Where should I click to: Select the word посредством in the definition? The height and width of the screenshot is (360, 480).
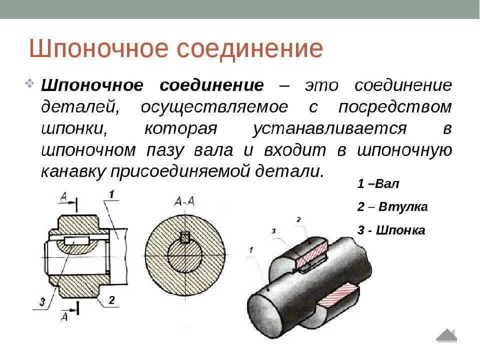point(395,107)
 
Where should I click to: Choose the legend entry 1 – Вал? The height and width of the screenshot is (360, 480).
point(378,183)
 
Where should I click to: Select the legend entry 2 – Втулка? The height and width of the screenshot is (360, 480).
point(392,206)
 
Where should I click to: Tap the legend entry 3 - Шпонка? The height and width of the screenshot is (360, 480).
point(391,230)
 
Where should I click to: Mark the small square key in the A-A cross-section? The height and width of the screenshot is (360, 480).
point(185,238)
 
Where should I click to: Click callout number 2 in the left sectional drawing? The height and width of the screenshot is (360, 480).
point(111,300)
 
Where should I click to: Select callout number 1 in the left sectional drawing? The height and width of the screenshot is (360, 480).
point(111,194)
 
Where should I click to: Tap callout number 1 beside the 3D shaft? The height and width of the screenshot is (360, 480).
point(250,249)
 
